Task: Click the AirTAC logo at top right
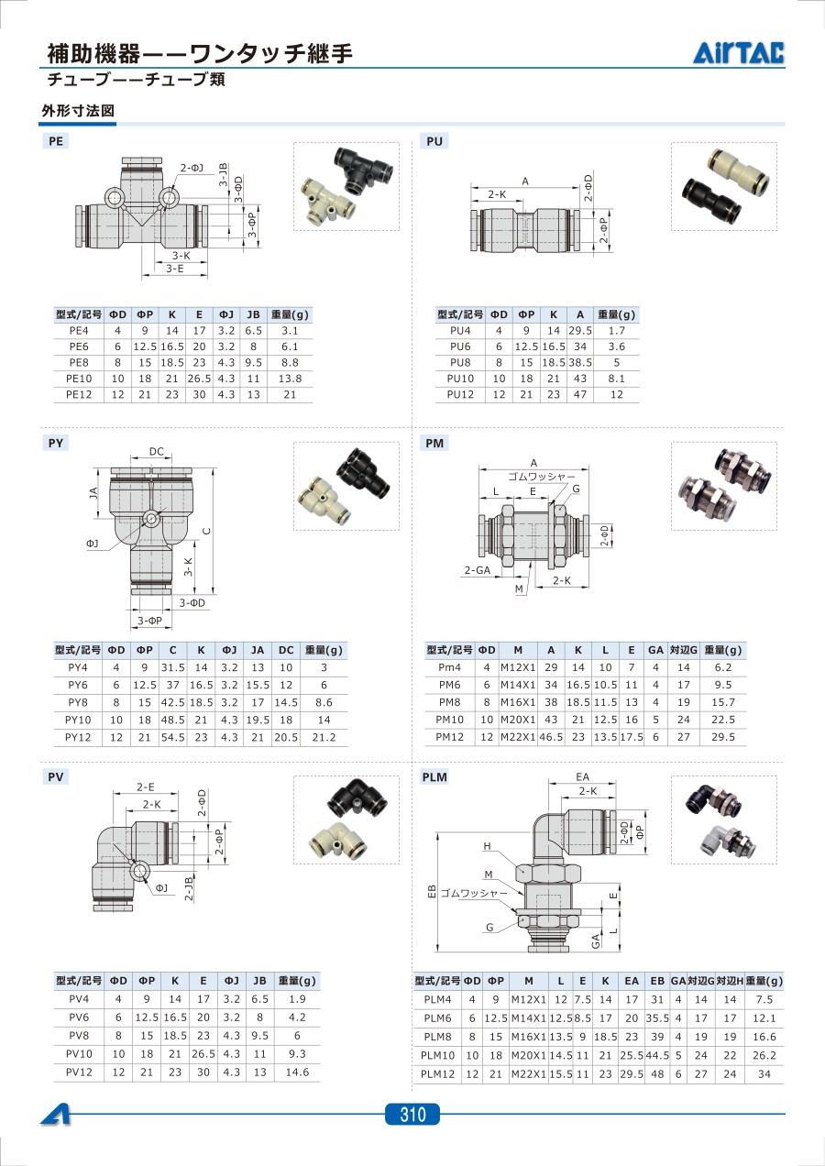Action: pos(738,52)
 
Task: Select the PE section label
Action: pos(56,141)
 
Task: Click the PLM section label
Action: pos(434,776)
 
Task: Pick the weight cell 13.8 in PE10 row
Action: pos(290,379)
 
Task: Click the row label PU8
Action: pos(460,362)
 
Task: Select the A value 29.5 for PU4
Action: pos(580,331)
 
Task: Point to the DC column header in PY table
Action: pos(286,650)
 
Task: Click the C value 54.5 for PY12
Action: pos(173,737)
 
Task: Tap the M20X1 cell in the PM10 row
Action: pos(518,720)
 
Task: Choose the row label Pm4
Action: pos(450,667)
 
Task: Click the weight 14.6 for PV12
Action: pos(297,1072)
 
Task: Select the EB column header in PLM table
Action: pos(657,981)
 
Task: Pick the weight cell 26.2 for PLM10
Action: pos(764,1055)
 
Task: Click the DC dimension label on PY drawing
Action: pos(156,451)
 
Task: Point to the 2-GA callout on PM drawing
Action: pos(478,570)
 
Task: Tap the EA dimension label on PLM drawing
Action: pos(582,776)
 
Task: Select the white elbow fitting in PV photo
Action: pos(338,840)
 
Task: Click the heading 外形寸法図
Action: pos(78,111)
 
